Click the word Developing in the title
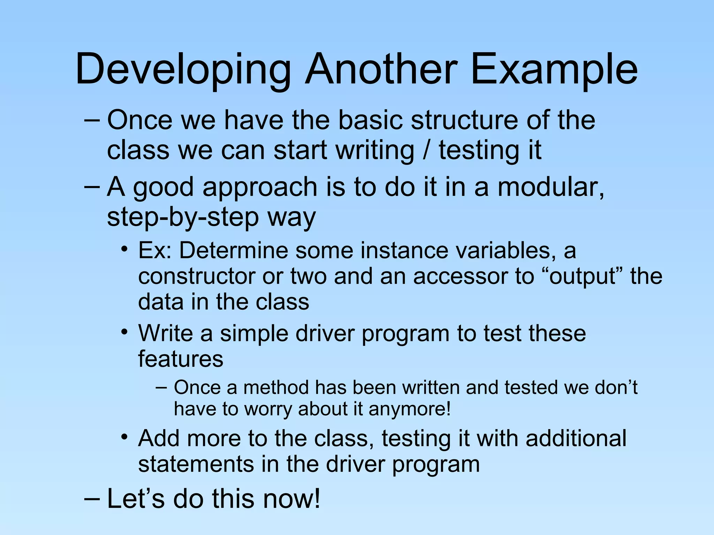[x=183, y=70]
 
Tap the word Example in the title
[x=554, y=70]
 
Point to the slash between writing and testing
[x=426, y=150]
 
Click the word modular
[x=550, y=187]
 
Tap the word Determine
[x=234, y=250]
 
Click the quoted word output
[x=586, y=277]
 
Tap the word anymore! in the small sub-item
[x=410, y=409]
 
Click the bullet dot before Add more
[x=124, y=437]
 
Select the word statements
[x=196, y=464]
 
